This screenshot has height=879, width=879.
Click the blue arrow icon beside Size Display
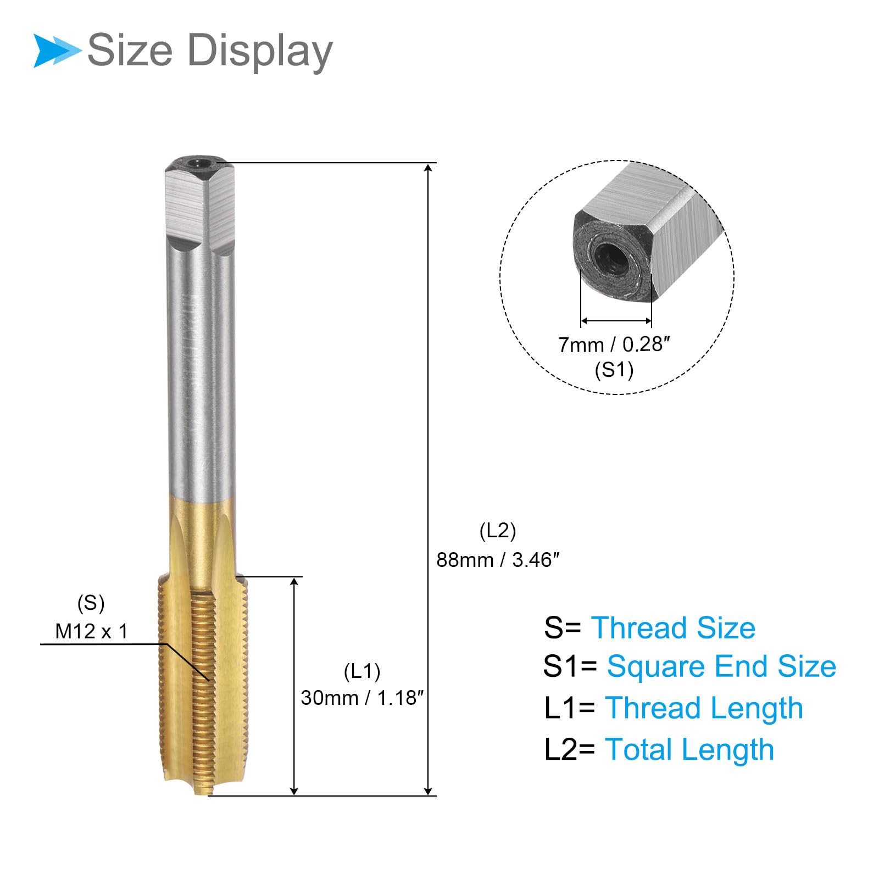57,51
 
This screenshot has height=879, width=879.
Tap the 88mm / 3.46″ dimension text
498,560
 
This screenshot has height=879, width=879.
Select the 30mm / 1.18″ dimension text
363,698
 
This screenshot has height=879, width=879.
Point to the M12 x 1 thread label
92,631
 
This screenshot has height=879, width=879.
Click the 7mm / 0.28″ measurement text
614,344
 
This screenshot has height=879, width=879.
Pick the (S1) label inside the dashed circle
614,370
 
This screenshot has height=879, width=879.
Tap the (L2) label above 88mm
498,531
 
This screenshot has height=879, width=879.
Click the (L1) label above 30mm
362,671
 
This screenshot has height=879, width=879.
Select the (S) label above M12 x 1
91,603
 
